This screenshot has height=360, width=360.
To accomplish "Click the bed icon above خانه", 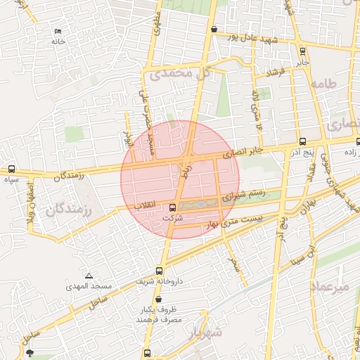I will [x=58, y=32].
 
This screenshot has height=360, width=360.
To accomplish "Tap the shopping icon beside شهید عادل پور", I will [x=213, y=29].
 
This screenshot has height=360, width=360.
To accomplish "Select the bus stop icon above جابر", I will [x=302, y=51].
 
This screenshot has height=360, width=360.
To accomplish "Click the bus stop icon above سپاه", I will [x=11, y=169].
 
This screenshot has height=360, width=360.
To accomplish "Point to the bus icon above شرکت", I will [x=173, y=207].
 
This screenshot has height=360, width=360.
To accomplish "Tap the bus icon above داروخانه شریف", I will [x=160, y=270].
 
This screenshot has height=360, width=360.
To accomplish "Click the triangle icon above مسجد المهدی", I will [x=89, y=276].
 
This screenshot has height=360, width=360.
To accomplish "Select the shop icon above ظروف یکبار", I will [x=157, y=299].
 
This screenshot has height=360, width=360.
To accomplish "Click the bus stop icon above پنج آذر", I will [x=302, y=141].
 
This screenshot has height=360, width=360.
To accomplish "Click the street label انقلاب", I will [x=145, y=206].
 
